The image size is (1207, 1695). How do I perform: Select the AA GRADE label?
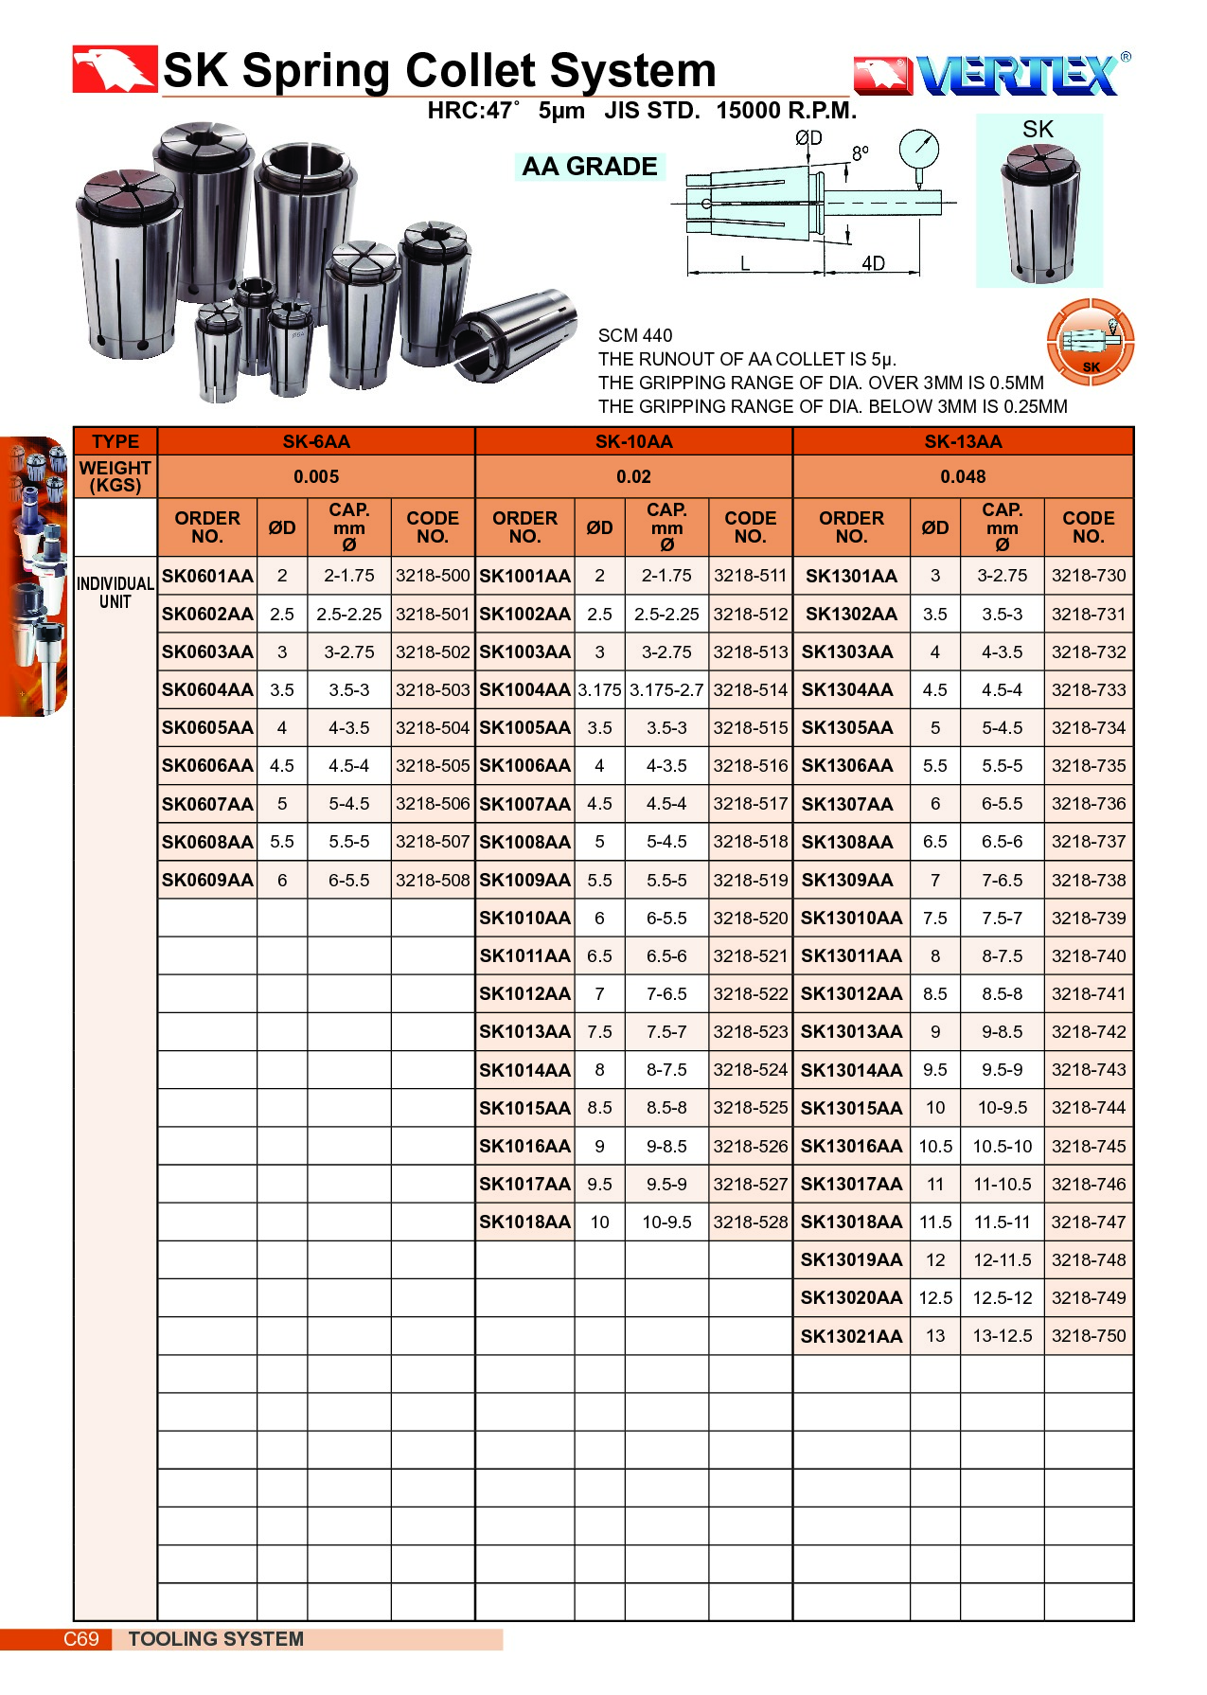point(589,167)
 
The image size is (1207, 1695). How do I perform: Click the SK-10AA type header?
point(633,441)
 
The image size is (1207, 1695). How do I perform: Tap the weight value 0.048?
point(963,476)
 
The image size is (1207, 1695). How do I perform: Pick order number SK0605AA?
point(207,727)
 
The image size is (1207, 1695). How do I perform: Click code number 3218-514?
point(750,689)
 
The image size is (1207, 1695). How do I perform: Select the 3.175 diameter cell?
point(599,689)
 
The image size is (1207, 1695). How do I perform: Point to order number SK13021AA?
point(851,1335)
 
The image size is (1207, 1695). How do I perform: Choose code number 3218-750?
point(1089,1335)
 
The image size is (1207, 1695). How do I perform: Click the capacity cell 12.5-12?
point(1002,1297)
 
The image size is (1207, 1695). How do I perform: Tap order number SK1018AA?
point(524,1222)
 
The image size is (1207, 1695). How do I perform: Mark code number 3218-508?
point(433,880)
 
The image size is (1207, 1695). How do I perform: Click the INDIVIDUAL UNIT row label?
point(115,593)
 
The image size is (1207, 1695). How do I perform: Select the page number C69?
point(81,1638)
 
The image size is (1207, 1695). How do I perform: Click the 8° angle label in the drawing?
point(860,153)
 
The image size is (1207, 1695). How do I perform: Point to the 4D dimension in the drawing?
point(873,263)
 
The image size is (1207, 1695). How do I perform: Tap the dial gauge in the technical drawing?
point(919,150)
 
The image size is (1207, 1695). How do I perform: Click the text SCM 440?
point(635,335)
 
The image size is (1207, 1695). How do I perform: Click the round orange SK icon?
point(1091,342)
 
